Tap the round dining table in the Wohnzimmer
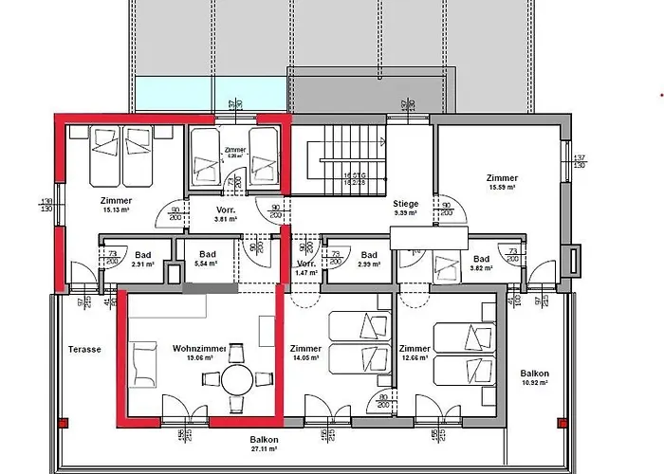pos(237,378)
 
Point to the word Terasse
pos(83,349)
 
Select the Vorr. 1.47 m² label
pos(306,267)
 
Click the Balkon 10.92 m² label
pos(534,378)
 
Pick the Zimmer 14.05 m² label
pos(306,353)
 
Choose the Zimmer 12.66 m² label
pos(415,353)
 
